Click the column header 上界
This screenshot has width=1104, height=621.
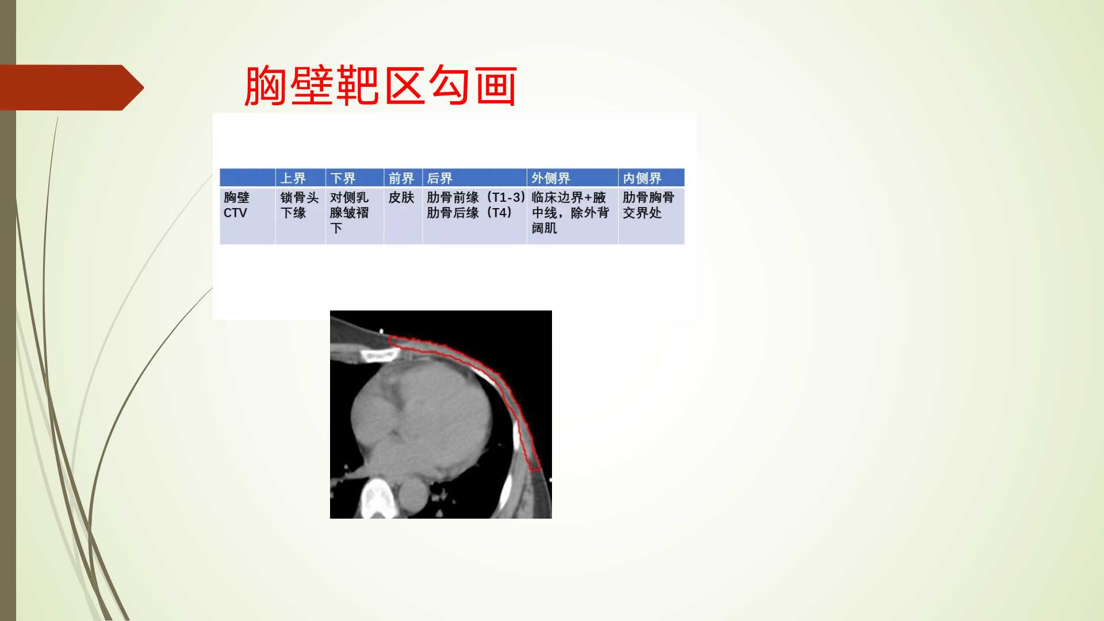click(293, 178)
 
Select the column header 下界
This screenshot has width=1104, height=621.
click(343, 178)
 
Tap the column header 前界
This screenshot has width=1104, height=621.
click(401, 178)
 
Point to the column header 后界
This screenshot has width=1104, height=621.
click(440, 178)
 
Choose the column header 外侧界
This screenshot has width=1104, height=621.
click(551, 178)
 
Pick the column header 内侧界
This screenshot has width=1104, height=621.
click(642, 178)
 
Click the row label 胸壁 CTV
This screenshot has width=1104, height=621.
click(236, 205)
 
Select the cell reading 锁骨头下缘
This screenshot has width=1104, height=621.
click(300, 205)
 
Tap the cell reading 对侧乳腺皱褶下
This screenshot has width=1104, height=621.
click(349, 213)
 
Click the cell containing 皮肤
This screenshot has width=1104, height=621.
click(401, 197)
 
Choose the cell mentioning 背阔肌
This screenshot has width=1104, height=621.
click(570, 213)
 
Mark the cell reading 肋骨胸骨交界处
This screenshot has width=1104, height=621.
click(649, 205)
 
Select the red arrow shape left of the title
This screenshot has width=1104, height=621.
click(72, 87)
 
